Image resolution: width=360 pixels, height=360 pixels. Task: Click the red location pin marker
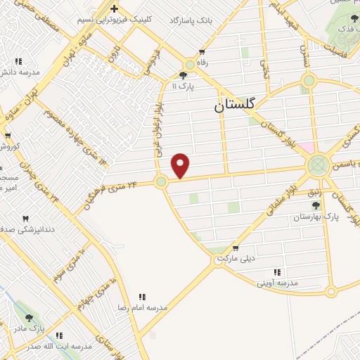[x=181, y=166]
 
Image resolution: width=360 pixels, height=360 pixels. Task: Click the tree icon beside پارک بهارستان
[x=315, y=205]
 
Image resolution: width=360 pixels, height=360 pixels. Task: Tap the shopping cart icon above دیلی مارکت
[x=235, y=247]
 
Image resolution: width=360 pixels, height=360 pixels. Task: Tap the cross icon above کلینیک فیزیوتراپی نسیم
[x=113, y=8]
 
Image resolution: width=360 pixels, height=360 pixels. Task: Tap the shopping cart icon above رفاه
[x=202, y=52]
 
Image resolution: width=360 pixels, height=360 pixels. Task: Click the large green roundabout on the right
[x=318, y=167]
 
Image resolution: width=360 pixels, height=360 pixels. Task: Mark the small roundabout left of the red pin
[x=161, y=182]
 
